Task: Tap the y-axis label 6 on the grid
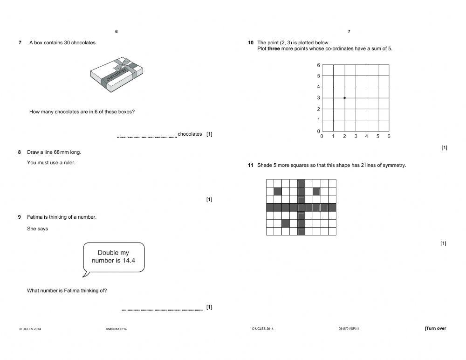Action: click(x=319, y=65)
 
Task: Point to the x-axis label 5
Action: click(x=378, y=136)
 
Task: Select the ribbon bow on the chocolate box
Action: click(x=124, y=63)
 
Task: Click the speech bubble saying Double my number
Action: click(x=113, y=256)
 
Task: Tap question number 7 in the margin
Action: click(x=20, y=43)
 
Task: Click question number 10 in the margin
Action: click(x=250, y=43)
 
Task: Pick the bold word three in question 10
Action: click(x=274, y=49)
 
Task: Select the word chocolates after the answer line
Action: click(x=190, y=134)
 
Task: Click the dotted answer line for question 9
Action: click(x=162, y=310)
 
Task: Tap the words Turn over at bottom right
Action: click(x=435, y=328)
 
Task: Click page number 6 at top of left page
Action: click(x=116, y=32)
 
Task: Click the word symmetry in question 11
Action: click(x=394, y=165)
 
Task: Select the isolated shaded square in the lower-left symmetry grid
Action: click(x=286, y=223)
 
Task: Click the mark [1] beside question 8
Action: click(x=209, y=200)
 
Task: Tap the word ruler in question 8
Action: click(x=69, y=163)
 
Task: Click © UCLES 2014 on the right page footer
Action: click(x=263, y=329)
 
